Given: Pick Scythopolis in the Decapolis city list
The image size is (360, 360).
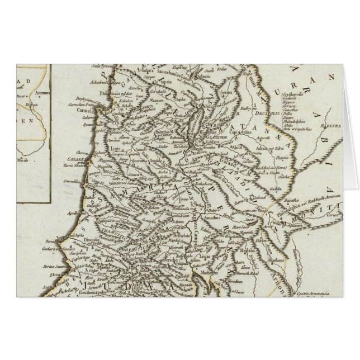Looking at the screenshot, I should click(x=295, y=89).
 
